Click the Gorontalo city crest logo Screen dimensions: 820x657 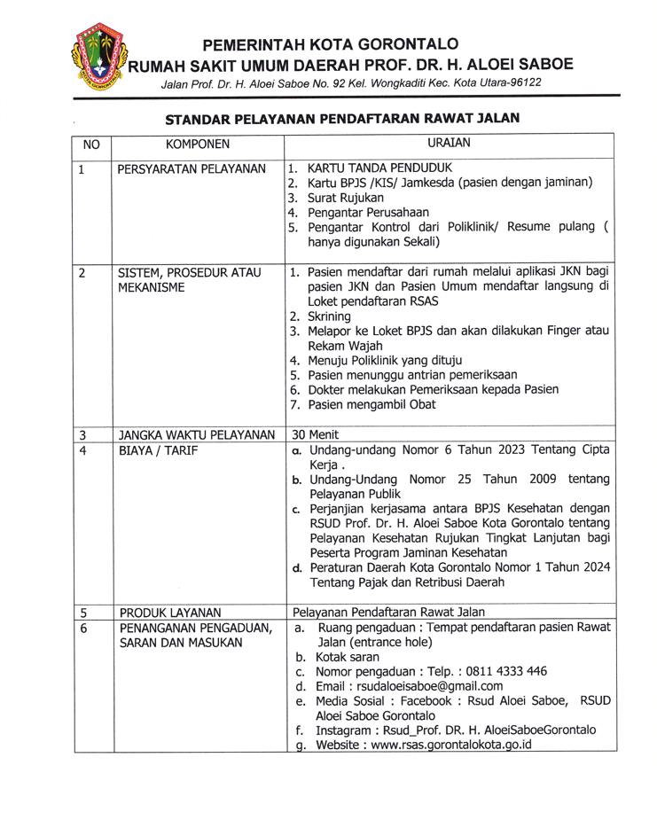(x=95, y=57)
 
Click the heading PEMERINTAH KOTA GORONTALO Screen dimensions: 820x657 (x=330, y=43)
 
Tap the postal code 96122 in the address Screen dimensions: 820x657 (x=522, y=82)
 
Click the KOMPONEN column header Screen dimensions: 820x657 (x=197, y=144)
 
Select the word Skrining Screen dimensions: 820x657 (x=329, y=316)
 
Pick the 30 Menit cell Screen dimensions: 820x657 (x=314, y=435)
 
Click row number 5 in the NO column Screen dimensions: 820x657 (x=82, y=612)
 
